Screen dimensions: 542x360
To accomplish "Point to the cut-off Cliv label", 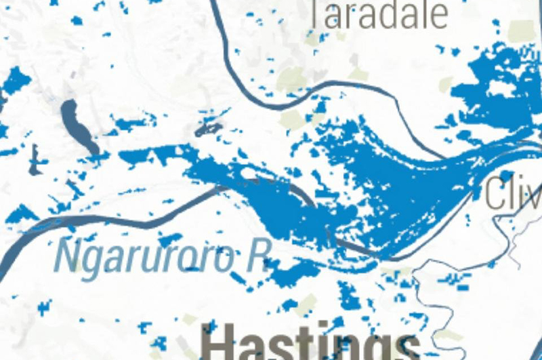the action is coord(514,193).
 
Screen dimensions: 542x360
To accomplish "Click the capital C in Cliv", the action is coord(497,193).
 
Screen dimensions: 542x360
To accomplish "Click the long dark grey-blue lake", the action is coord(77,126).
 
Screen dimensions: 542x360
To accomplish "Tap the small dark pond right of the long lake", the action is coord(207,128).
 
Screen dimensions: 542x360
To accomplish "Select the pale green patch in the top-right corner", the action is coord(522,31).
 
